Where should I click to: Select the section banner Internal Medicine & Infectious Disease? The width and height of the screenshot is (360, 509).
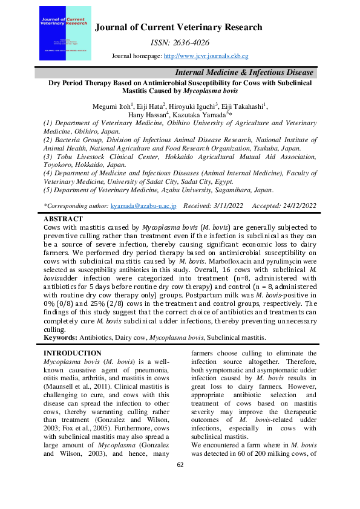click(x=252, y=72)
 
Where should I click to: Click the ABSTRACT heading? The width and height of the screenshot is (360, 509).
click(x=64, y=218)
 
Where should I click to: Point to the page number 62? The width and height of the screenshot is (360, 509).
click(x=180, y=481)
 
